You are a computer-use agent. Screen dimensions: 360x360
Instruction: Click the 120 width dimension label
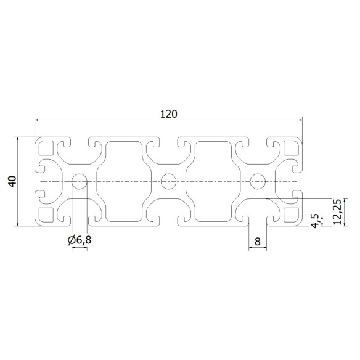coord(169,113)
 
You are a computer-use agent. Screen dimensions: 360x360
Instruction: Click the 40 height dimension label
coord(10,182)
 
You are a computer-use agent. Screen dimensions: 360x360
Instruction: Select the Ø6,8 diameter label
coord(80,239)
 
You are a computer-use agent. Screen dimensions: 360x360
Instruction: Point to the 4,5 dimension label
coord(315,220)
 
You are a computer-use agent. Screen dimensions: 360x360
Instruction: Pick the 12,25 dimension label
coord(336,212)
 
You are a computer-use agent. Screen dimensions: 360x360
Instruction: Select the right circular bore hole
coord(258,181)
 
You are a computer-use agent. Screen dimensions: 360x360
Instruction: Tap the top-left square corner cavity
coord(46,148)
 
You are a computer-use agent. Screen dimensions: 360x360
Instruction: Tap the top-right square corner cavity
coord(291,148)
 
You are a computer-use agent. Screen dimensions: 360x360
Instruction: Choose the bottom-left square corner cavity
coord(46,215)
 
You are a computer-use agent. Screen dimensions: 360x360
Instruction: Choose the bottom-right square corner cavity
coord(291,215)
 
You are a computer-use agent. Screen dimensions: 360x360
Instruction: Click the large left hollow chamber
coord(124,181)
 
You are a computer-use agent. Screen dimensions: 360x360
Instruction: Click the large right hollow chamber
coord(213,181)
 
